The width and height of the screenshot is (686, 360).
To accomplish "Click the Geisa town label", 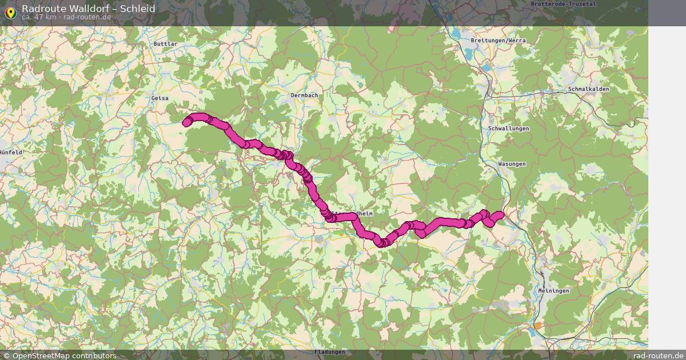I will [x=160, y=98].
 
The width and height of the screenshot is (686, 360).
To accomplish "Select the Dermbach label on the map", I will [x=304, y=95].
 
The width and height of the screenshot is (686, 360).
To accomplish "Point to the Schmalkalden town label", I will [x=589, y=90].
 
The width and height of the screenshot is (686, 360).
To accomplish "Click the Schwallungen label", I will [x=509, y=129].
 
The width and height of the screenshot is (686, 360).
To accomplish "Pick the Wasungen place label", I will [x=512, y=165].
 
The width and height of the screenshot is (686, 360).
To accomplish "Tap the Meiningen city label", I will [x=554, y=291].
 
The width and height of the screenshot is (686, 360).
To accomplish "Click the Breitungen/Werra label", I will [x=498, y=41].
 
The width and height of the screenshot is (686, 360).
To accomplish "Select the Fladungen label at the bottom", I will [x=330, y=352].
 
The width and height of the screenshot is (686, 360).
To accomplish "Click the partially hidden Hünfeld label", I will [x=11, y=153].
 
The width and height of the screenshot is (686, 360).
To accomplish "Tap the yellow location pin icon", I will [x=10, y=11].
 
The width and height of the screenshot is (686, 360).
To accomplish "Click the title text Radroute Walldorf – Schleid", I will [x=88, y=9].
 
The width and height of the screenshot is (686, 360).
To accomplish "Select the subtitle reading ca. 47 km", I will [x=39, y=17].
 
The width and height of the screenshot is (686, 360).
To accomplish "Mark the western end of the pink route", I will [x=187, y=122].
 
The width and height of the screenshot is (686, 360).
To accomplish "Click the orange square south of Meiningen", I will [x=537, y=326].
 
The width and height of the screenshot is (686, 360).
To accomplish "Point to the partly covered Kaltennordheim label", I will [x=352, y=213].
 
